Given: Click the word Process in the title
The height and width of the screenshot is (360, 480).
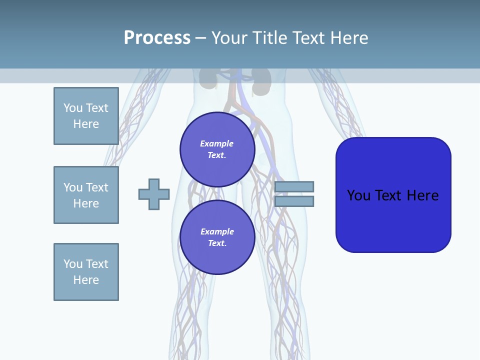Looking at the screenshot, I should [x=157, y=38].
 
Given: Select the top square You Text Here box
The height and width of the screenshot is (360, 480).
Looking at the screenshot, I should [x=86, y=116].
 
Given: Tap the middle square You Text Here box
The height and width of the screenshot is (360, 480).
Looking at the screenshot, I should [x=86, y=195].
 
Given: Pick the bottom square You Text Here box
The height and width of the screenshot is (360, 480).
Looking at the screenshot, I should [x=86, y=272].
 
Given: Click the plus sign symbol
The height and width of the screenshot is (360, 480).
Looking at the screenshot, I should [x=154, y=194].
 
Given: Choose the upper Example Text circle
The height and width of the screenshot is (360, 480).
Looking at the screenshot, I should [x=217, y=149].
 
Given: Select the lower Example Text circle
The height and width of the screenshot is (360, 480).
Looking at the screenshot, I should [x=217, y=237].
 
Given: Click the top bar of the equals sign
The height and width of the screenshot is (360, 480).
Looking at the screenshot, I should [x=294, y=187].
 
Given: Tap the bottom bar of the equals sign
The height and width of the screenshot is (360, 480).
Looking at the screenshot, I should [x=294, y=201].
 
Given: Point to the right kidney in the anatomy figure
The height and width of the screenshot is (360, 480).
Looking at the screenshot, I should [x=261, y=80].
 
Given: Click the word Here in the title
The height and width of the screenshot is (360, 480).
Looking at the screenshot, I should [x=348, y=38].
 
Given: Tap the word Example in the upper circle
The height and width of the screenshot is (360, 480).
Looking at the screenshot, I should [x=217, y=143].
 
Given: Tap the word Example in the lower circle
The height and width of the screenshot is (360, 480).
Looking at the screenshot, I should [x=217, y=231].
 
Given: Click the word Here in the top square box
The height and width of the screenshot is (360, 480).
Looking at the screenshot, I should [x=86, y=124].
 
